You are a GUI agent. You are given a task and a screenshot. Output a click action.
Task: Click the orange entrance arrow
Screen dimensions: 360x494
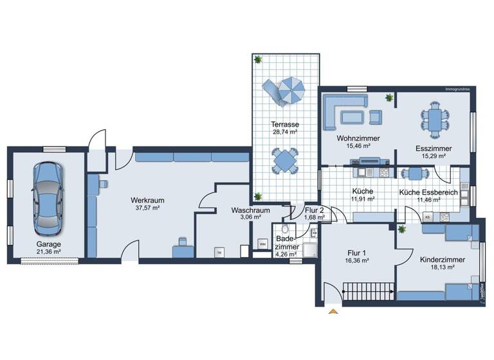333,312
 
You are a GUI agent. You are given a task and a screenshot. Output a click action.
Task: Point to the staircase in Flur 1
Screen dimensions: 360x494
368,292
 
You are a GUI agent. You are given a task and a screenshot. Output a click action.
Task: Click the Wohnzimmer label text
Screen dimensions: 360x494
358,138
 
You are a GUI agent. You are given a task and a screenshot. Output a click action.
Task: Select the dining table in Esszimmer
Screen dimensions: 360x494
435,120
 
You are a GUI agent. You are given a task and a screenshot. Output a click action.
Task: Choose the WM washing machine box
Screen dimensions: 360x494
262,244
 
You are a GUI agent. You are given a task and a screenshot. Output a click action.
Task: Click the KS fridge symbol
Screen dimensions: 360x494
428,218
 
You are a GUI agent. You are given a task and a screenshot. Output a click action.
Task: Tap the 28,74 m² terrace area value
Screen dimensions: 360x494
284,132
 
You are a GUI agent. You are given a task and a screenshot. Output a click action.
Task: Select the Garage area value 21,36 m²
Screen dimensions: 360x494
49,252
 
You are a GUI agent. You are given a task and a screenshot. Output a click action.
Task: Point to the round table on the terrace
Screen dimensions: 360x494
285,161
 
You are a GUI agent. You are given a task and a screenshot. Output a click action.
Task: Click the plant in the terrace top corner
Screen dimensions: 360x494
258,60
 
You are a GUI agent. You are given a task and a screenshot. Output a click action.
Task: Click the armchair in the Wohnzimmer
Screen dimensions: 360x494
375,116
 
